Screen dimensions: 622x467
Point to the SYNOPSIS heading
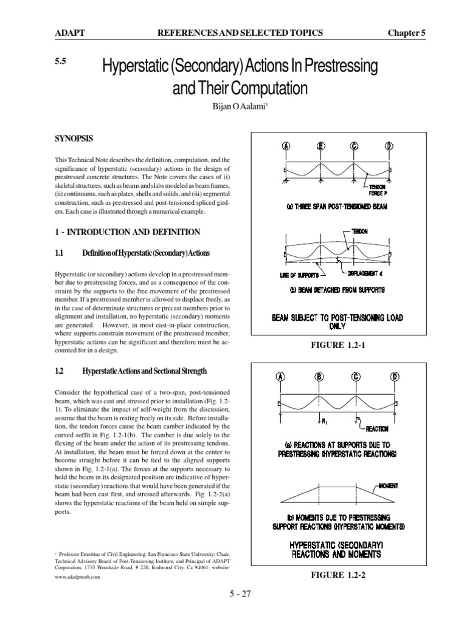click(74, 138)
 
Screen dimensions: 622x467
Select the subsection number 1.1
click(60, 251)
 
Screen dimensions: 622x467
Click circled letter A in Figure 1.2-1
click(285, 146)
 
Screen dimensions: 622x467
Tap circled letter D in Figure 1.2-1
click(389, 146)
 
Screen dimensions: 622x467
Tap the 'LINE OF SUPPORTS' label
click(299, 275)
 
